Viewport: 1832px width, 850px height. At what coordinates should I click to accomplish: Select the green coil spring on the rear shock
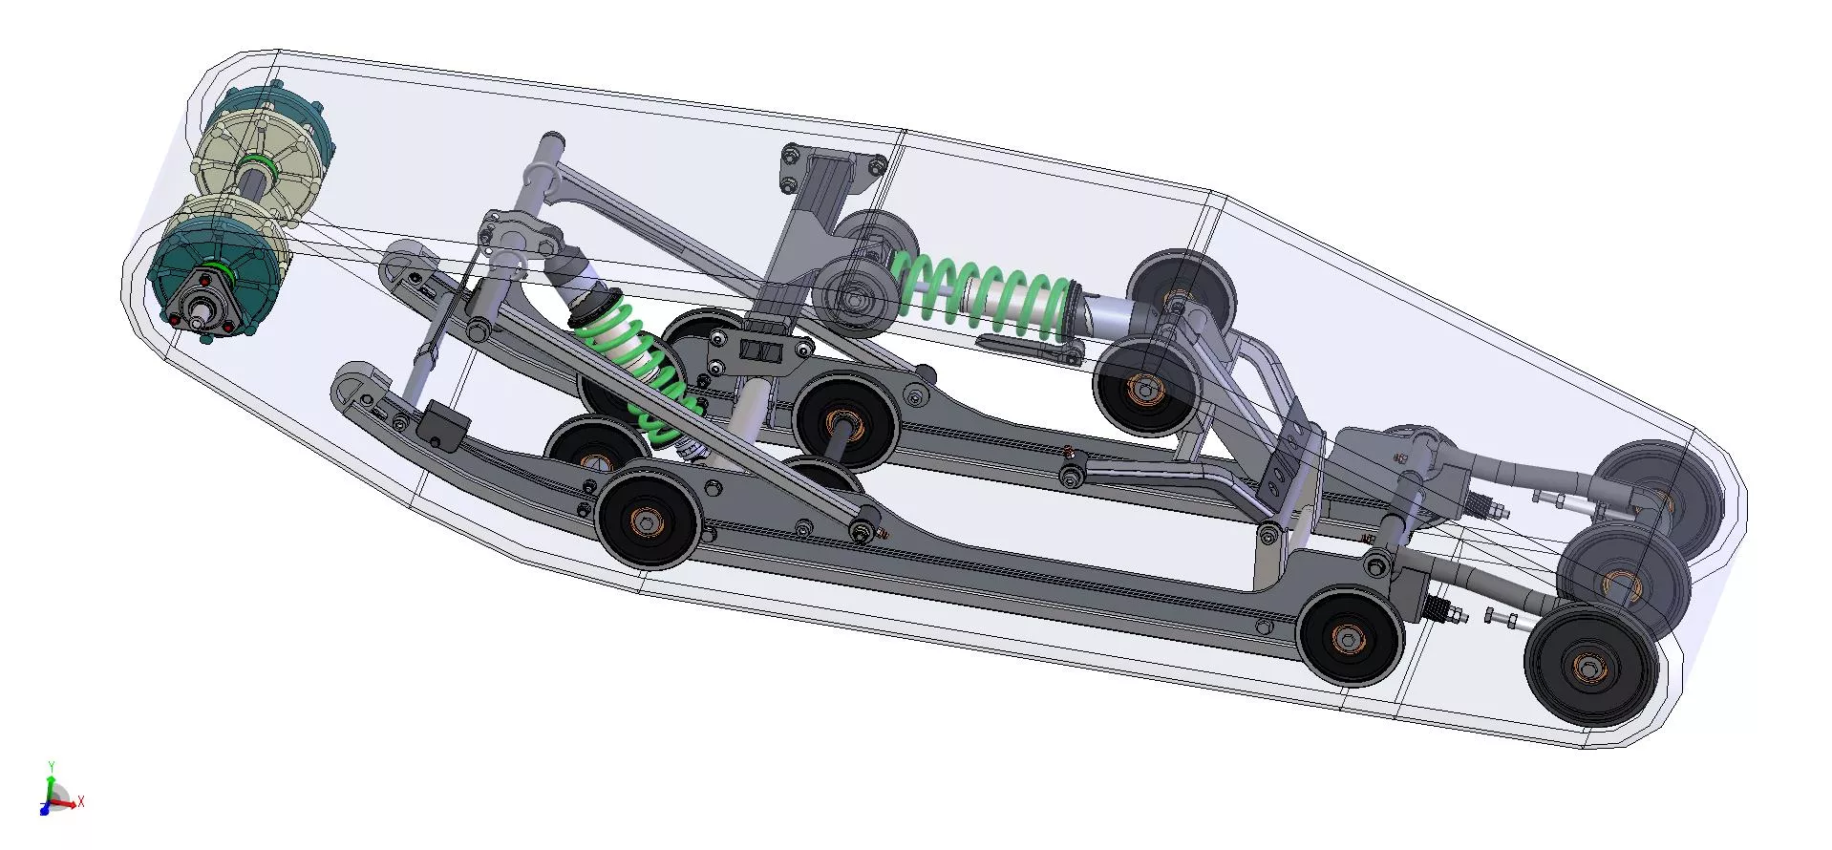click(984, 291)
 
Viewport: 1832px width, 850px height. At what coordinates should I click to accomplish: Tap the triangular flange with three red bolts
click(202, 303)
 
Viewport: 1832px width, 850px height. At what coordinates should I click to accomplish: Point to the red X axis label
click(81, 802)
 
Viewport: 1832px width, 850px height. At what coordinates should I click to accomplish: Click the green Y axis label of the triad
click(51, 766)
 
